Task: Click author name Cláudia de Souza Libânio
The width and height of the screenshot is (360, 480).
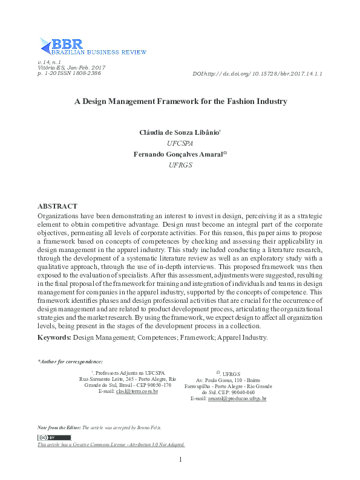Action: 178,132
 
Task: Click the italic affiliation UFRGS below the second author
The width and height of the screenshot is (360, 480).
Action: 180,165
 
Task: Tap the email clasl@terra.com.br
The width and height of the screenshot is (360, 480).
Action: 137,392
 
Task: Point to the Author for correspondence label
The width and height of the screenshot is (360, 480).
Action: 71,362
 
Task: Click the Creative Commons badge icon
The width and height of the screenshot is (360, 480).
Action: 54,437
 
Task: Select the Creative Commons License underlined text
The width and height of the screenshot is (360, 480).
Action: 111,444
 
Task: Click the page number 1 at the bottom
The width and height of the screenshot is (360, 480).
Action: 180,461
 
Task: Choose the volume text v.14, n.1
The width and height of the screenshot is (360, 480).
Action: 50,62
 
